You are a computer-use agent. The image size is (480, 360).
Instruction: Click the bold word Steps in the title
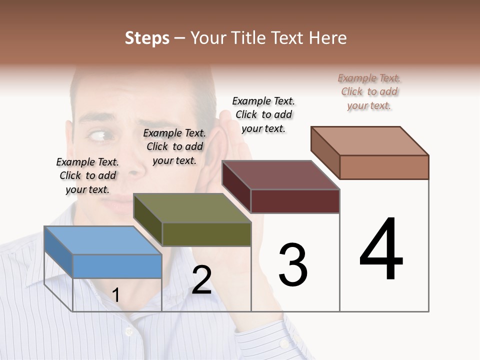pos(147,38)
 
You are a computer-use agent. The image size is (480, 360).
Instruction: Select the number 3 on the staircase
pos(293,265)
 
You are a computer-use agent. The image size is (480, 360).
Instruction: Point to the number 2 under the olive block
pos(202,280)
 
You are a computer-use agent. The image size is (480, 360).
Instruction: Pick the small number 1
pos(115,295)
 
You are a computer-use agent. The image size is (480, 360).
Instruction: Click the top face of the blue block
pos(102,240)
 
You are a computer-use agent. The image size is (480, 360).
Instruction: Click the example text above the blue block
pos(87,175)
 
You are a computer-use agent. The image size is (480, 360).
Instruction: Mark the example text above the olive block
pos(174,146)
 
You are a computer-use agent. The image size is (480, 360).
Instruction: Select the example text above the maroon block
pos(263,114)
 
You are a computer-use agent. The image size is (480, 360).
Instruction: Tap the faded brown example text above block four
pos(369,91)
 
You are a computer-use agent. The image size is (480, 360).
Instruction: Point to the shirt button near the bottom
pos(128,331)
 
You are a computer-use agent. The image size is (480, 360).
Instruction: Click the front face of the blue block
pos(117,266)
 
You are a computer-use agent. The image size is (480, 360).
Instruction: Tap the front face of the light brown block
pos(384,167)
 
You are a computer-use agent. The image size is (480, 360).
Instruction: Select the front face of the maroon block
pos(295,201)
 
